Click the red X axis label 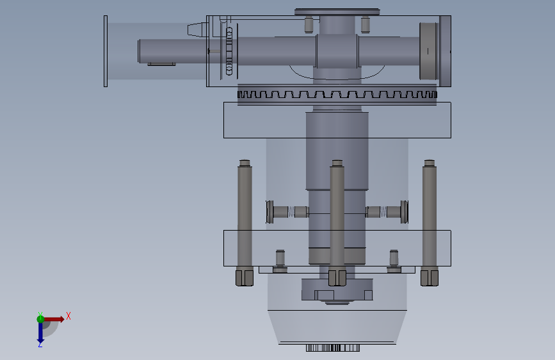click(x=68, y=316)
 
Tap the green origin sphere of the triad click(x=40, y=319)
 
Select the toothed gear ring click(x=337, y=95)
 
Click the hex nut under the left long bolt click(x=245, y=278)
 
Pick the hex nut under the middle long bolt click(x=337, y=278)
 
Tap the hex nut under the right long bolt click(x=430, y=278)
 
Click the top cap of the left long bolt click(x=245, y=163)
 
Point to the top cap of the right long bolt click(x=430, y=163)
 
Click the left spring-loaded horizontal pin click(x=287, y=212)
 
